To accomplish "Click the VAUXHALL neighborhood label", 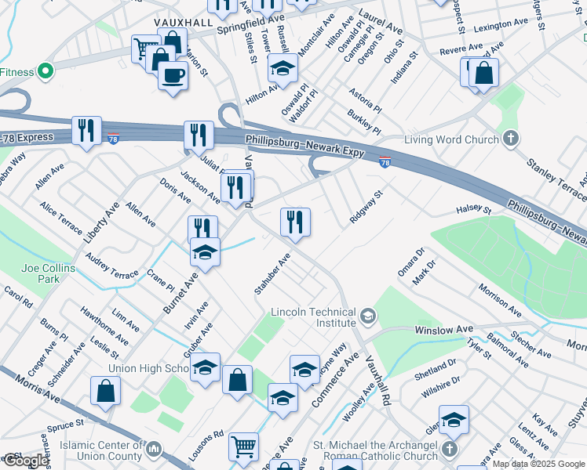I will coord(184,23).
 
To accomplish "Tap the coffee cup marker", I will coord(173,76).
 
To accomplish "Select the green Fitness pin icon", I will coord(45,71).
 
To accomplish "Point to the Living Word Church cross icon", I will coord(511,139).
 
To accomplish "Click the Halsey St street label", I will coord(474,210).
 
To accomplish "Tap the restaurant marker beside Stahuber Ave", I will coord(296,222).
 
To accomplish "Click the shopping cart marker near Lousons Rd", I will coord(243,446).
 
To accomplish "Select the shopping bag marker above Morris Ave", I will coord(105,391).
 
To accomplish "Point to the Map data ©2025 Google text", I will coord(538,464).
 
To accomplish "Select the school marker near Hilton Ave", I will coord(282,69).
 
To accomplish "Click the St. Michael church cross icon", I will coord(448,450).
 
